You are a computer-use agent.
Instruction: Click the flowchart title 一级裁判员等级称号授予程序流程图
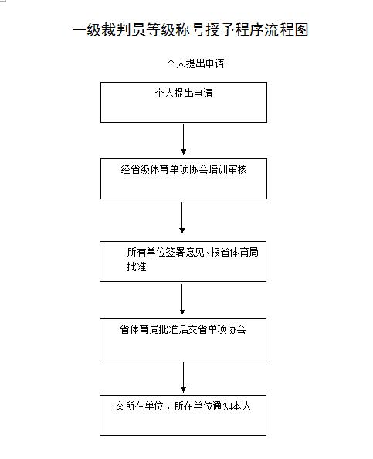click(190, 30)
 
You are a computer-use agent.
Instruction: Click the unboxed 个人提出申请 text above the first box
click(195, 63)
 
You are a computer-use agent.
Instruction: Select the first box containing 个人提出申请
click(184, 102)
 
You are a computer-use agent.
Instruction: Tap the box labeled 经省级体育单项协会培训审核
click(184, 178)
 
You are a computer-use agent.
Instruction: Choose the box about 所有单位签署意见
click(183, 261)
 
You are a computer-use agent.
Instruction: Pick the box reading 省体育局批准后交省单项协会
click(183, 338)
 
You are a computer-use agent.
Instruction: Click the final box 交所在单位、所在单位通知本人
click(183, 416)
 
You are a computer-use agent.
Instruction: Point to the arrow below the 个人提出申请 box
click(184, 139)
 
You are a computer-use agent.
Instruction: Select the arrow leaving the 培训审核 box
click(182, 218)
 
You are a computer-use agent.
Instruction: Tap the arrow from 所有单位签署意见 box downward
click(182, 299)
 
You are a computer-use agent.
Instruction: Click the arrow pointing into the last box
click(184, 377)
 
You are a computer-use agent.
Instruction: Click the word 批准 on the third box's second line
click(137, 267)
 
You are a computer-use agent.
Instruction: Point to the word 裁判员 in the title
click(124, 30)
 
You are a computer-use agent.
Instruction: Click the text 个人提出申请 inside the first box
click(184, 93)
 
